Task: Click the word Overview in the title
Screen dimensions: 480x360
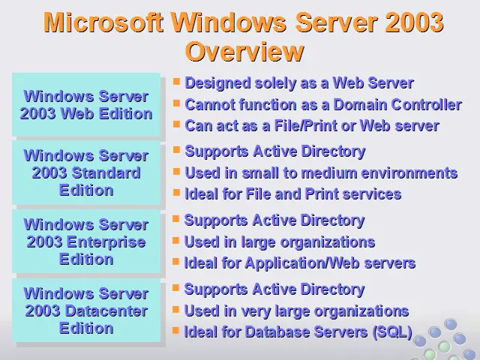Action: tap(244, 52)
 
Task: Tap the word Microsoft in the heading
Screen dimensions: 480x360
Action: tap(103, 22)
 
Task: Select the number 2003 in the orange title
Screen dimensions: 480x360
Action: tap(414, 22)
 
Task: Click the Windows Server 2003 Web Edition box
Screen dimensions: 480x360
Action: tap(86, 105)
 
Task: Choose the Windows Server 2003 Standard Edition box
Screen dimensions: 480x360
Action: tap(86, 172)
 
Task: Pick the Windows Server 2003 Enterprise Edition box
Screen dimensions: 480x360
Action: tap(86, 241)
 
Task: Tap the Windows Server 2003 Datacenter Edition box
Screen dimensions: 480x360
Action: tap(86, 310)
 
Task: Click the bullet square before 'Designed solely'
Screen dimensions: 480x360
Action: tap(176, 82)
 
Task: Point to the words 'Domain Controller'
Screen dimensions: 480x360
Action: tap(397, 105)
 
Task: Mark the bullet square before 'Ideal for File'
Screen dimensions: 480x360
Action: tap(176, 193)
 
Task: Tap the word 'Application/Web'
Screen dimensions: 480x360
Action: tap(302, 263)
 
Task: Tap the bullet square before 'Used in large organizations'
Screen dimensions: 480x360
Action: tap(175, 240)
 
